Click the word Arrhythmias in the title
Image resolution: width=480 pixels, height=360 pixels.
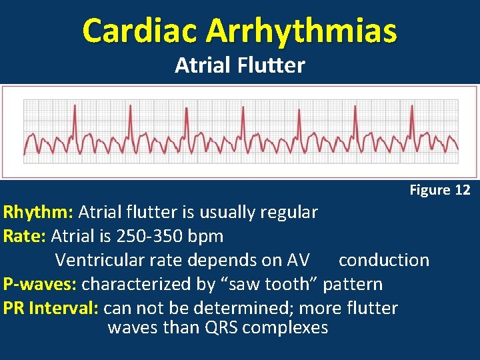(301, 30)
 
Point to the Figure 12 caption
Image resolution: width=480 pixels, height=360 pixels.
(440, 190)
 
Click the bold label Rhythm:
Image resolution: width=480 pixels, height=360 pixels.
(39, 213)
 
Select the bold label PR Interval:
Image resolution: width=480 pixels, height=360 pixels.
(51, 308)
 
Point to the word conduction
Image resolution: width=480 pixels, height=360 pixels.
(384, 260)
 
